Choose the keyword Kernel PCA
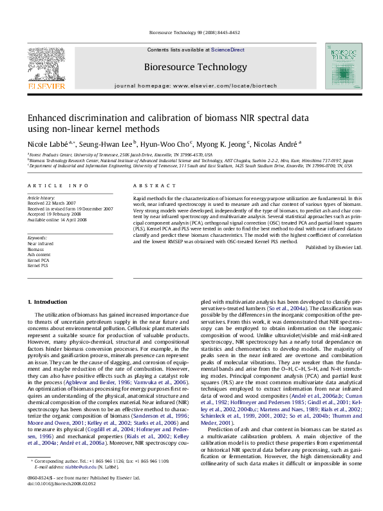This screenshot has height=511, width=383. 39,259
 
